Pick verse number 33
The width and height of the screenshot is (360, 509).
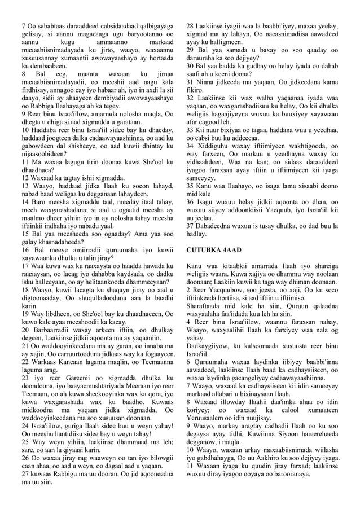pos(191,130)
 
